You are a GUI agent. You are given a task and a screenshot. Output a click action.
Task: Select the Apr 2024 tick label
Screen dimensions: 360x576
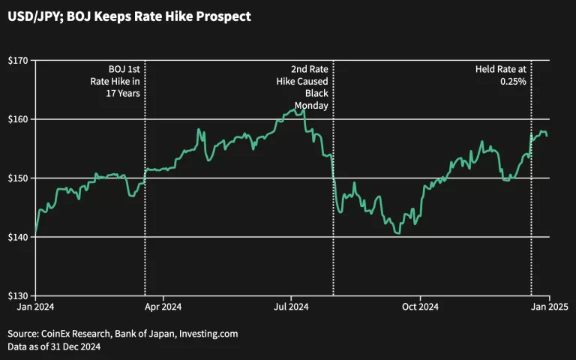pyautogui.click(x=163, y=307)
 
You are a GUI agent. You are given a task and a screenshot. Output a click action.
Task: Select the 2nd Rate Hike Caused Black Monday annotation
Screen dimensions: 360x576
pyautogui.click(x=310, y=87)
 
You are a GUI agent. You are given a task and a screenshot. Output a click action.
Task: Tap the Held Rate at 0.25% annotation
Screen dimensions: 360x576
pyautogui.click(x=500, y=75)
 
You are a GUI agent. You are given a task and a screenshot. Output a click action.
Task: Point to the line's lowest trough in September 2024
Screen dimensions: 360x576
pyautogui.click(x=398, y=233)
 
